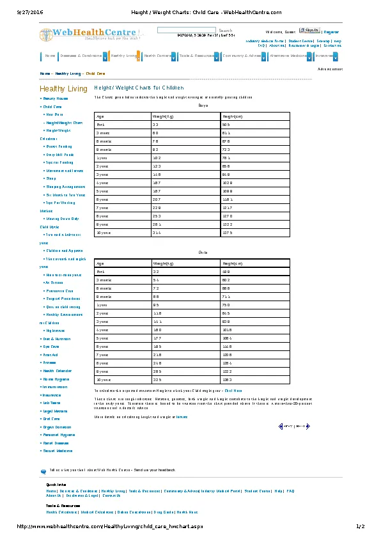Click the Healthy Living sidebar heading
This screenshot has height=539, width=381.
coord(63,88)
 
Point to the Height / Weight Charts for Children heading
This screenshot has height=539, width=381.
coord(139,88)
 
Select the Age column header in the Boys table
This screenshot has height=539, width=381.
coord(100,116)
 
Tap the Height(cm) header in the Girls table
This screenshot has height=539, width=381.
coord(231,263)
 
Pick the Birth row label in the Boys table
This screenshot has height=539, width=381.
coord(100,125)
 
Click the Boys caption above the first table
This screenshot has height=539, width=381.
coord(203,105)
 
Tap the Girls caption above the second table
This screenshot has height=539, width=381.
coord(203,253)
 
